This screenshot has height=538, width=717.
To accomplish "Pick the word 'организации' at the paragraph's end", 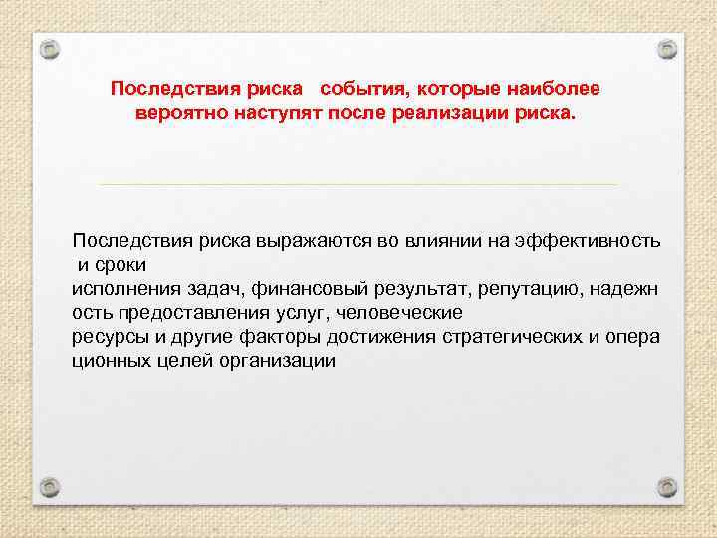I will point(278,361).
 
